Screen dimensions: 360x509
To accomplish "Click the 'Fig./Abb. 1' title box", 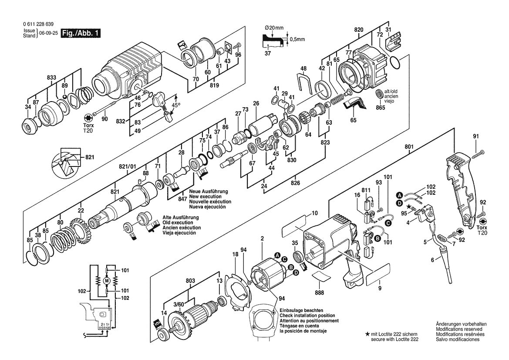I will point(81,34).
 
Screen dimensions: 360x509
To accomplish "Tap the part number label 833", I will point(51,78).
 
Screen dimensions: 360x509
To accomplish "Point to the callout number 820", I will point(359,30).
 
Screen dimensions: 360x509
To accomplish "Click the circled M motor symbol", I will point(106,281).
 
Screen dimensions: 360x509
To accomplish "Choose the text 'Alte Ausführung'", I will point(181,217).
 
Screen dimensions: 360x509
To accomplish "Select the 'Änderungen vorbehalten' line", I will point(461,324).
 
